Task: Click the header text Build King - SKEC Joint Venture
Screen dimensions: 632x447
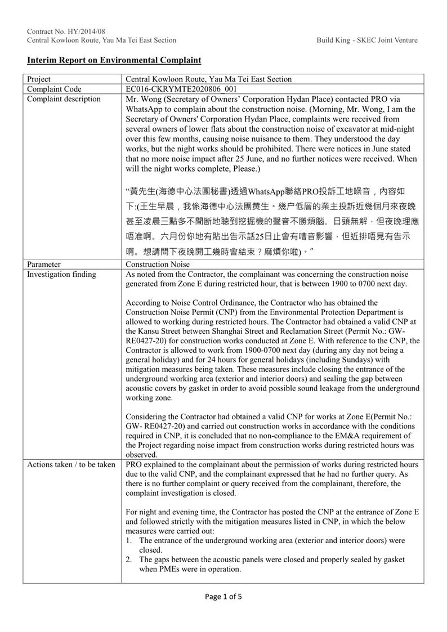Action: [x=367, y=41]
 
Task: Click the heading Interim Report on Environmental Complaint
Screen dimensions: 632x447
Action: [x=114, y=60]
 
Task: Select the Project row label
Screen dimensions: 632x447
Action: [x=39, y=79]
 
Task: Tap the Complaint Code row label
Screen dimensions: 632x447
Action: [x=54, y=89]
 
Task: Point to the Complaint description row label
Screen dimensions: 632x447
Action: [x=64, y=99]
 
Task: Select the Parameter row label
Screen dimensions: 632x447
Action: [x=44, y=264]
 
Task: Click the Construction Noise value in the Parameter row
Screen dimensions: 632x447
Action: [x=158, y=264]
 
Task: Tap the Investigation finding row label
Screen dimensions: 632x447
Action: [x=61, y=274]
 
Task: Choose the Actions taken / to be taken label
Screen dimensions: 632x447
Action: [x=71, y=464]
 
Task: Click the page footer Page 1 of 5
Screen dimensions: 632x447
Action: [x=223, y=597]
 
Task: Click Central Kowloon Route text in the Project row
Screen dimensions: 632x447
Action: [x=167, y=79]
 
